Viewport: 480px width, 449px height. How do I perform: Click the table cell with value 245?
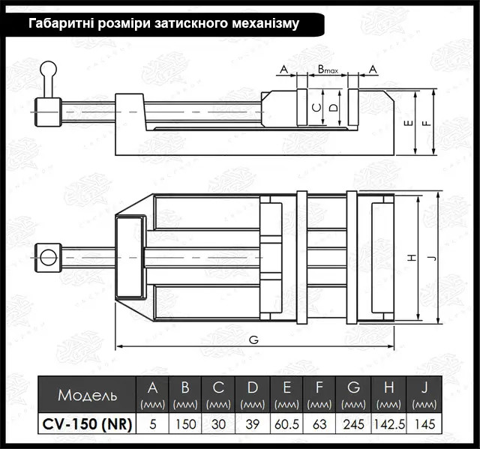[x=353, y=424]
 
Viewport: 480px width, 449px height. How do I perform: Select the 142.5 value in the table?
[x=389, y=424]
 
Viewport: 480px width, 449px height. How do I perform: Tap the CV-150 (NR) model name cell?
[x=87, y=424]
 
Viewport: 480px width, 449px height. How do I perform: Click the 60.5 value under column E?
[x=286, y=424]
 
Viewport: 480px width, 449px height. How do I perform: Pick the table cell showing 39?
[x=252, y=424]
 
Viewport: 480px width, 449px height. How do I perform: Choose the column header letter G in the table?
[x=353, y=388]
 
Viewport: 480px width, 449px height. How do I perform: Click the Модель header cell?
[x=87, y=394]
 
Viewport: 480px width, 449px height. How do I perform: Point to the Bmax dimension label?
[x=328, y=70]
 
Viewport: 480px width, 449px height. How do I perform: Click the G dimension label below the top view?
[x=253, y=340]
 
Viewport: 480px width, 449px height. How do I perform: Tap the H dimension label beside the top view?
[x=412, y=258]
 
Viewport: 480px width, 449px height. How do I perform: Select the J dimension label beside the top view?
[x=433, y=258]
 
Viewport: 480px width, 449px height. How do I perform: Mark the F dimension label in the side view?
[x=428, y=123]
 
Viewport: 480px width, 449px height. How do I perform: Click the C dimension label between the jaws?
[x=317, y=108]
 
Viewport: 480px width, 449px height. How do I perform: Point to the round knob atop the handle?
[x=49, y=69]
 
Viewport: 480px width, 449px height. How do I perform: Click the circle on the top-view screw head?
[x=49, y=257]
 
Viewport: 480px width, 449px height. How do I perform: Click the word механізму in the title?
[x=265, y=23]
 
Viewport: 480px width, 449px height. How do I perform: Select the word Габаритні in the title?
[x=61, y=23]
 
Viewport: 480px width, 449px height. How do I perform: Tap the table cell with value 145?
[x=424, y=424]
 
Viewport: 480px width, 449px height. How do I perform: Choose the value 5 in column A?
[x=153, y=424]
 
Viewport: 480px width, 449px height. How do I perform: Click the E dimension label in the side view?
[x=409, y=123]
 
